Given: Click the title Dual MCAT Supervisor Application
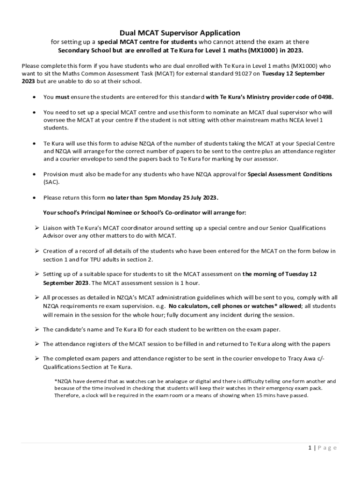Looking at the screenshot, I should (x=180, y=33).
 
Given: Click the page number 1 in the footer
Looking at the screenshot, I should (x=310, y=448).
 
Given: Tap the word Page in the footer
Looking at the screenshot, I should (x=327, y=448).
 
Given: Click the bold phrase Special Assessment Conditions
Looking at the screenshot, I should (x=289, y=174).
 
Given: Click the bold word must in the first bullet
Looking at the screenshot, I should (x=62, y=97).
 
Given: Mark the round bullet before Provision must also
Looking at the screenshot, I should (x=34, y=174).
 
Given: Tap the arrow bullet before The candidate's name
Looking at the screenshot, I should (x=36, y=330).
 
